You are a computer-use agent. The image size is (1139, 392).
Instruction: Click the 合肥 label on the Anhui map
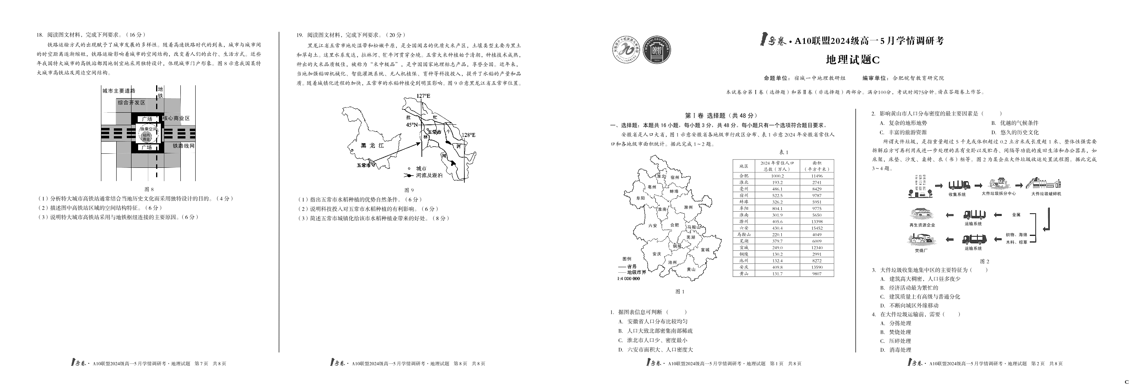tap(674, 225)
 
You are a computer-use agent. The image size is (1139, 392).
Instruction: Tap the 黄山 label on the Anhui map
tap(691, 269)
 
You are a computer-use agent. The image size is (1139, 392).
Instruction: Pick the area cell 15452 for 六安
tap(817, 228)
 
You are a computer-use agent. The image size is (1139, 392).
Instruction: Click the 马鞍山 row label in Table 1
tap(744, 235)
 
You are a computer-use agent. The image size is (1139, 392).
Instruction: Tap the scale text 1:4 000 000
tap(628, 279)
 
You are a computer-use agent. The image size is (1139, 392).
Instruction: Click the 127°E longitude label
tap(423, 96)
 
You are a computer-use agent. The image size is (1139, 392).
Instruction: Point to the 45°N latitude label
tap(412, 125)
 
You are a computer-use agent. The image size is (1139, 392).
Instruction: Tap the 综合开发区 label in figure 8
tap(131, 102)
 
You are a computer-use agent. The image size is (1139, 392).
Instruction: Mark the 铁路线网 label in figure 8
tap(184, 146)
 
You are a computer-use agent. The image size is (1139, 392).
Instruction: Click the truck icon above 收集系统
tap(959, 185)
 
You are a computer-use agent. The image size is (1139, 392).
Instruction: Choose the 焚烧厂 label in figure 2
tap(921, 251)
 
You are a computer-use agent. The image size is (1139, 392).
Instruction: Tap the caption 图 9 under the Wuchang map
tap(409, 190)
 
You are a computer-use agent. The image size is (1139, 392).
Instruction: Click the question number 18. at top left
tap(40, 35)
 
